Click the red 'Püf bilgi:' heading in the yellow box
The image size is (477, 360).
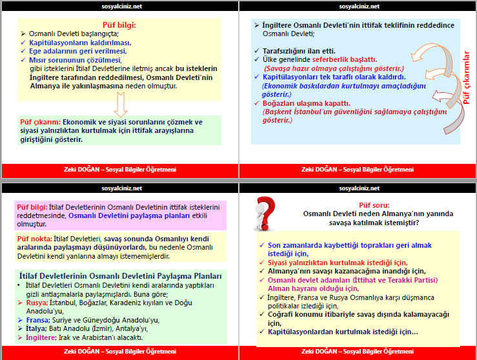coord(120,25)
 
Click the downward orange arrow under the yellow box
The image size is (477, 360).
coord(119,103)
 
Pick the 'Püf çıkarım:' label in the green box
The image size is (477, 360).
coord(40,121)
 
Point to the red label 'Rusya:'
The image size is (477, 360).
coord(36,302)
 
